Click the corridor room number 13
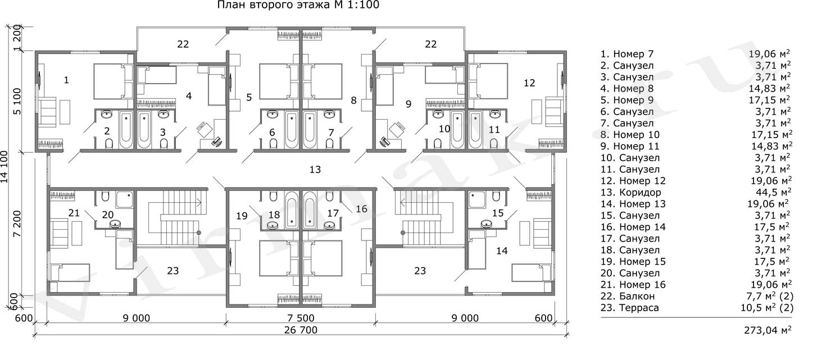pos(315,170)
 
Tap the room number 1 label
pos(66,80)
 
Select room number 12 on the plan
pos(529,83)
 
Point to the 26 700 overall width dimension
pos(301,330)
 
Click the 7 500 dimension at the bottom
pos(301,318)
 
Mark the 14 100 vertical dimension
pos(4,167)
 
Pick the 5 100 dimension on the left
pos(17,101)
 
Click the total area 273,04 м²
pos(768,330)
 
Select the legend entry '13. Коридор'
pos(630,193)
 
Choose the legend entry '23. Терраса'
pos(630,308)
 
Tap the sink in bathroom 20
pos(116,224)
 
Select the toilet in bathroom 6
pos(274,144)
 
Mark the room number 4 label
pos(189,96)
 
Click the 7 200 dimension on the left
pos(17,224)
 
